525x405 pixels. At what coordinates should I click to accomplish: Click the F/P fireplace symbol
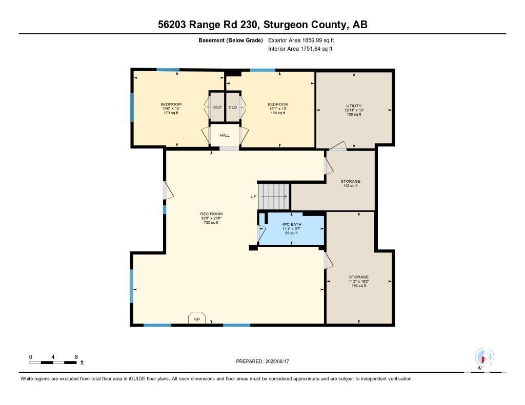coord(196,318)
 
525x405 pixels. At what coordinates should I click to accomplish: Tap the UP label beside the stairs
coord(253,197)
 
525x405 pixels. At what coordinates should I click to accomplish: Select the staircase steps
coord(274,196)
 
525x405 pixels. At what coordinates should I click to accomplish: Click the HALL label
coord(225,135)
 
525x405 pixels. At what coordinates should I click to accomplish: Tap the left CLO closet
coord(217,107)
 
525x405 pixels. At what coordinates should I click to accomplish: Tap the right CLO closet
coord(233,107)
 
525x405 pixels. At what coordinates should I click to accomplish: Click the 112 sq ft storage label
coord(350,183)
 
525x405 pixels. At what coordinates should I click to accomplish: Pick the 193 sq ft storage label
coord(358,281)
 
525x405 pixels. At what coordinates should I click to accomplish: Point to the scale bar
coord(53,363)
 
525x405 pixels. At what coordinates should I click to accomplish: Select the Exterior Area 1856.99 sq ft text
coord(301,40)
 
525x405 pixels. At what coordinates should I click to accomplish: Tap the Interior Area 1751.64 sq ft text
coord(300,49)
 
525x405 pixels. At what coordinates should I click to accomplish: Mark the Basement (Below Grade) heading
coord(230,40)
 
